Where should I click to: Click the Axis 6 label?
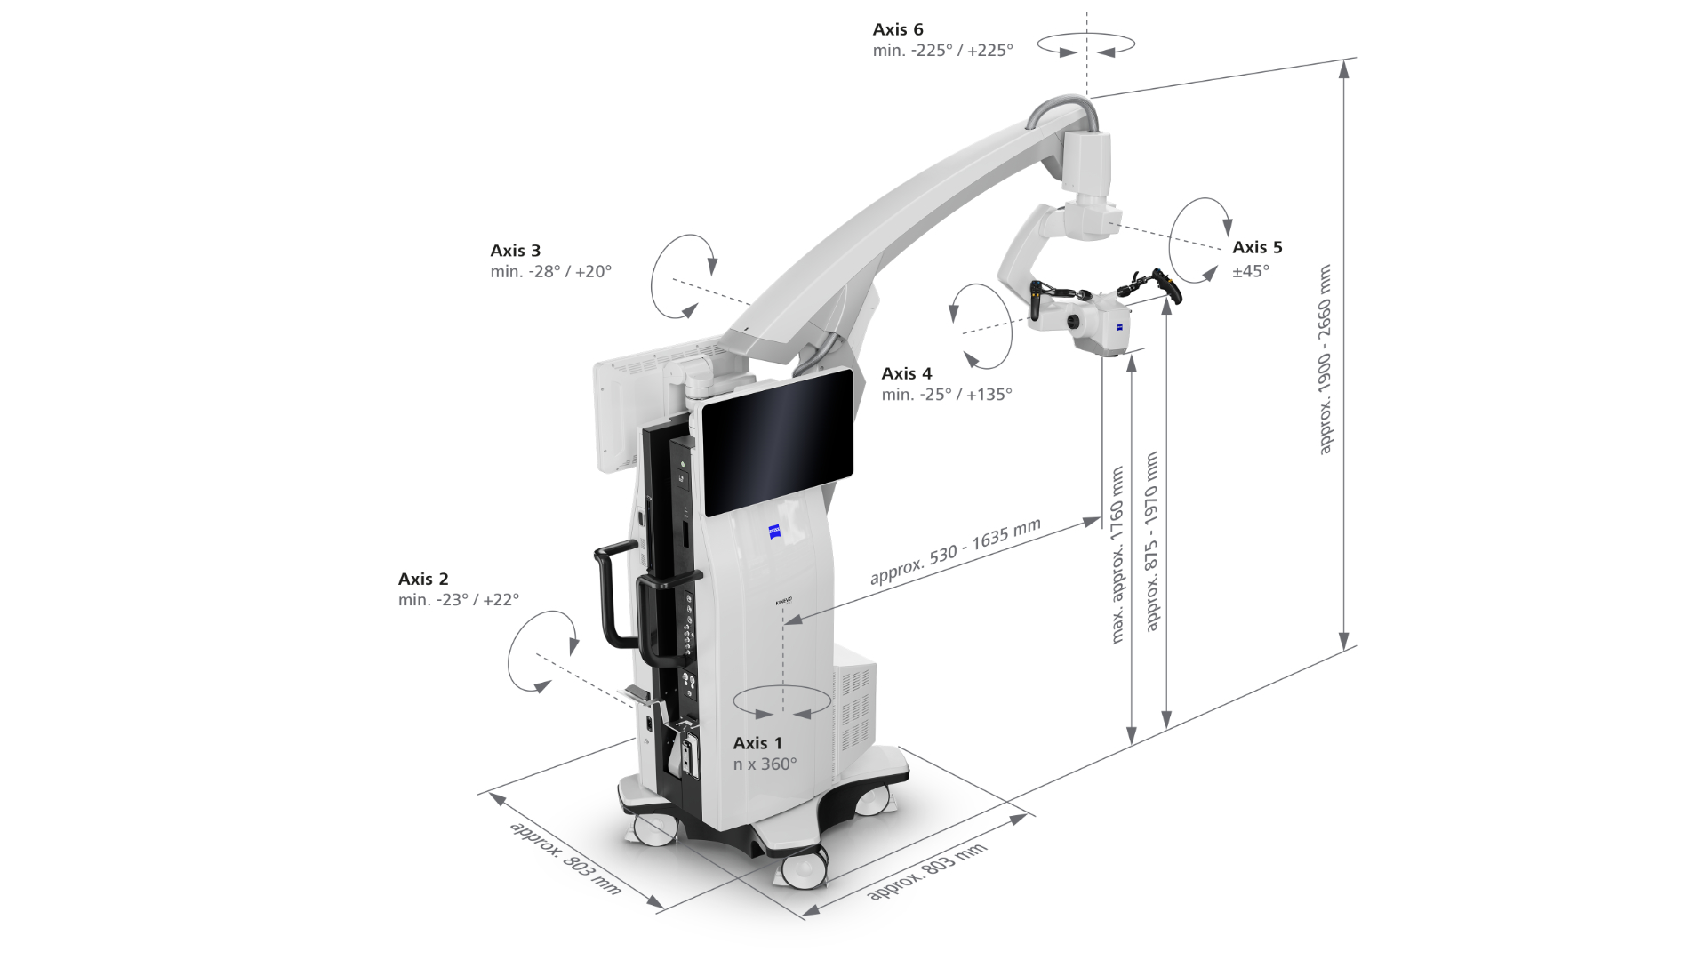coord(898,29)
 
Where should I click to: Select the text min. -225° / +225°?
coord(942,51)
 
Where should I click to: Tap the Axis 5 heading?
coord(1257,248)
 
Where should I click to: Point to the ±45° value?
coord(1251,271)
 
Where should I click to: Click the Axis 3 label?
coord(515,251)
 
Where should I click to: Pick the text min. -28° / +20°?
coord(550,272)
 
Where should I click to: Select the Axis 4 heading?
coord(907,373)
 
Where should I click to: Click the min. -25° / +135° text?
coord(947,395)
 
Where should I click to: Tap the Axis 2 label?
coord(423,579)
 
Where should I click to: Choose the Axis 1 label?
coord(757,743)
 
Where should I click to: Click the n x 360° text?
coord(765,764)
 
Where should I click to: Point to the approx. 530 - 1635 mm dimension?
coord(955,552)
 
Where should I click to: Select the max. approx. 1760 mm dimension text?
coord(1118,555)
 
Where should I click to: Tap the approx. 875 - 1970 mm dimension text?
coord(1152,541)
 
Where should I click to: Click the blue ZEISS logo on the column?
coord(775,532)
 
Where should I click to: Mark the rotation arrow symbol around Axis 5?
coord(1199,240)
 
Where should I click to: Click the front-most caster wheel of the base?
coord(804,867)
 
